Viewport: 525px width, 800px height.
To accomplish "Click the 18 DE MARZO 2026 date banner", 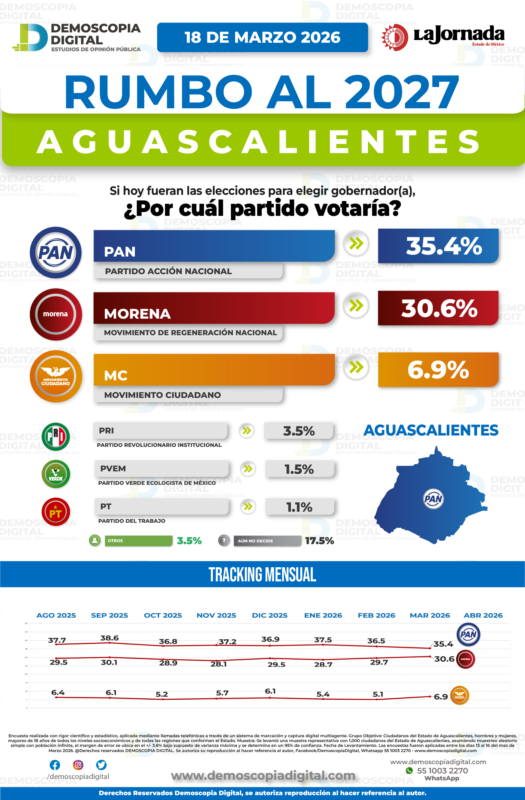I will [x=262, y=38].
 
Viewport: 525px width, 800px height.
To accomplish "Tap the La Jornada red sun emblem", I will [x=395, y=37].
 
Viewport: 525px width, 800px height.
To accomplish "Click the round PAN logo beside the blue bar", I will [x=56, y=252].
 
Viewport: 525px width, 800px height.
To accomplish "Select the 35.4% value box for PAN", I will [x=438, y=246].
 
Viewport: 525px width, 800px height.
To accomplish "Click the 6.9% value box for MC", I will [x=438, y=370].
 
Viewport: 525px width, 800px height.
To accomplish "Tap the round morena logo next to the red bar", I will [x=56, y=314].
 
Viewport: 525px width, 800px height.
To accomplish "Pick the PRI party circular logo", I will [x=56, y=437].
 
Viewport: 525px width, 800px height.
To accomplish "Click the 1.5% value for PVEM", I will [x=299, y=469].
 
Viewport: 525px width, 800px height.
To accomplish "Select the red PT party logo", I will [x=56, y=512].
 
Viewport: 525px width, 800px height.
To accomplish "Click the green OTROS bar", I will [x=138, y=541].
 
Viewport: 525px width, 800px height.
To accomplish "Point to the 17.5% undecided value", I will [x=319, y=541].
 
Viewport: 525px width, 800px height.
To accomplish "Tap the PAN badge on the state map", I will [x=433, y=499].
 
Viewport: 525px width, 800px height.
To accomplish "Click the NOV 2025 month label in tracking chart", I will [x=216, y=616].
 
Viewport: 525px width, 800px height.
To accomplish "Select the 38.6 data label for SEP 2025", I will [x=109, y=638].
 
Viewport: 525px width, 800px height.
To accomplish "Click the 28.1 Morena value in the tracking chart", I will [x=218, y=664].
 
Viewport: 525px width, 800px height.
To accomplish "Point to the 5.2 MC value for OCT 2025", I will [x=162, y=694].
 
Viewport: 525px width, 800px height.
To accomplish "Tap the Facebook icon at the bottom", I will [x=55, y=765].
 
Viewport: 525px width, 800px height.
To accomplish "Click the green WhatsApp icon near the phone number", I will [x=409, y=770].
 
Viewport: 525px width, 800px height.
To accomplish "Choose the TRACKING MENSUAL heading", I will [x=262, y=574].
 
